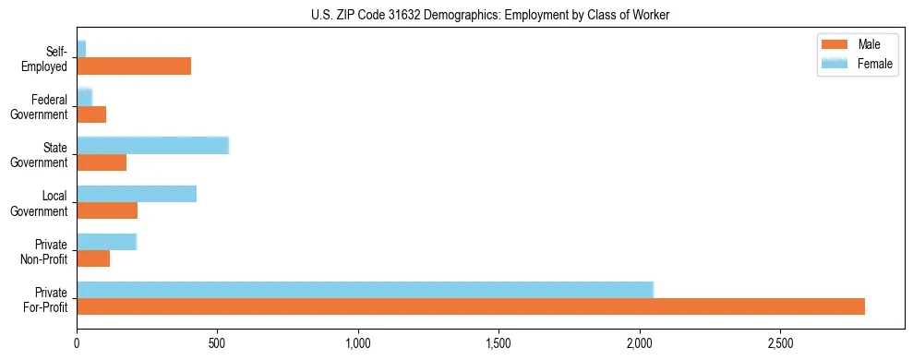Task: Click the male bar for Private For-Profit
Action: [x=471, y=306]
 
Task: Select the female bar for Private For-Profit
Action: [x=365, y=290]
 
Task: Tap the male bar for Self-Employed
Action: [x=134, y=66]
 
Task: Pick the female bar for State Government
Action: [x=152, y=146]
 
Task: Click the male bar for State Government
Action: [x=102, y=162]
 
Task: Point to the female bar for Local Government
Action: [x=137, y=194]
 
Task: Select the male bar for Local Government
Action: [x=107, y=210]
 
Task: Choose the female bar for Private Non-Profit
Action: [x=106, y=242]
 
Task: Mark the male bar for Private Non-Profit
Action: [x=93, y=258]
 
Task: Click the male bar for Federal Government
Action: [x=91, y=114]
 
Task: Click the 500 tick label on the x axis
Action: [x=217, y=344]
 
